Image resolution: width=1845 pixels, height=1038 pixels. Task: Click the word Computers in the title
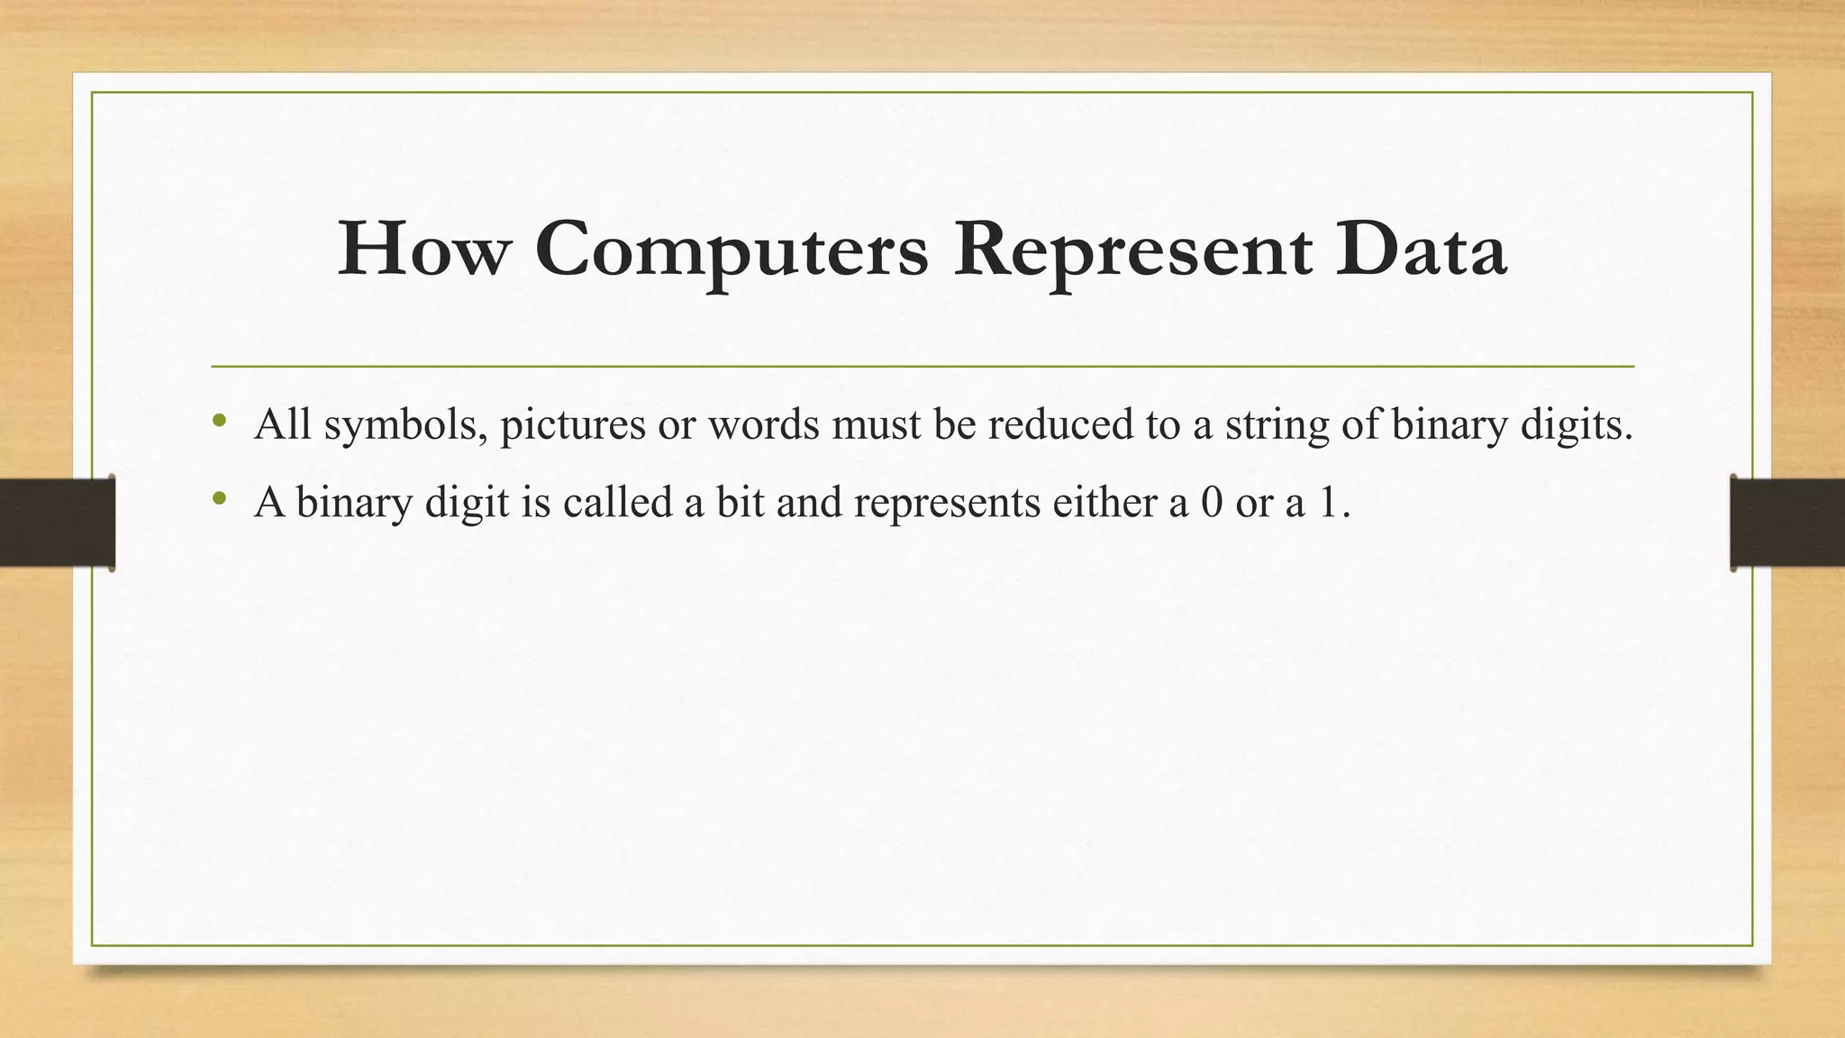(x=731, y=250)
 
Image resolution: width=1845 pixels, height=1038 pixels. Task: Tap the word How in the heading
(x=423, y=250)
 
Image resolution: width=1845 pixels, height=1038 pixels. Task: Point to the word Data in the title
(x=1421, y=250)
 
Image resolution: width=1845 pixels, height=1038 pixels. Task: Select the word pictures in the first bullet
(x=573, y=424)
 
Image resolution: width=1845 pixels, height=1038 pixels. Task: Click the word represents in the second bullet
(x=947, y=502)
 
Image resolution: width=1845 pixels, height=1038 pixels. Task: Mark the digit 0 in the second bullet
(x=1212, y=502)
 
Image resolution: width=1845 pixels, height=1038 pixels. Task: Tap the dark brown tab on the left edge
(x=57, y=523)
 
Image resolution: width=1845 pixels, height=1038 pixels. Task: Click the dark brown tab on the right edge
(x=1787, y=523)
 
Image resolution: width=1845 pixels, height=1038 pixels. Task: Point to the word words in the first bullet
(x=764, y=424)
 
